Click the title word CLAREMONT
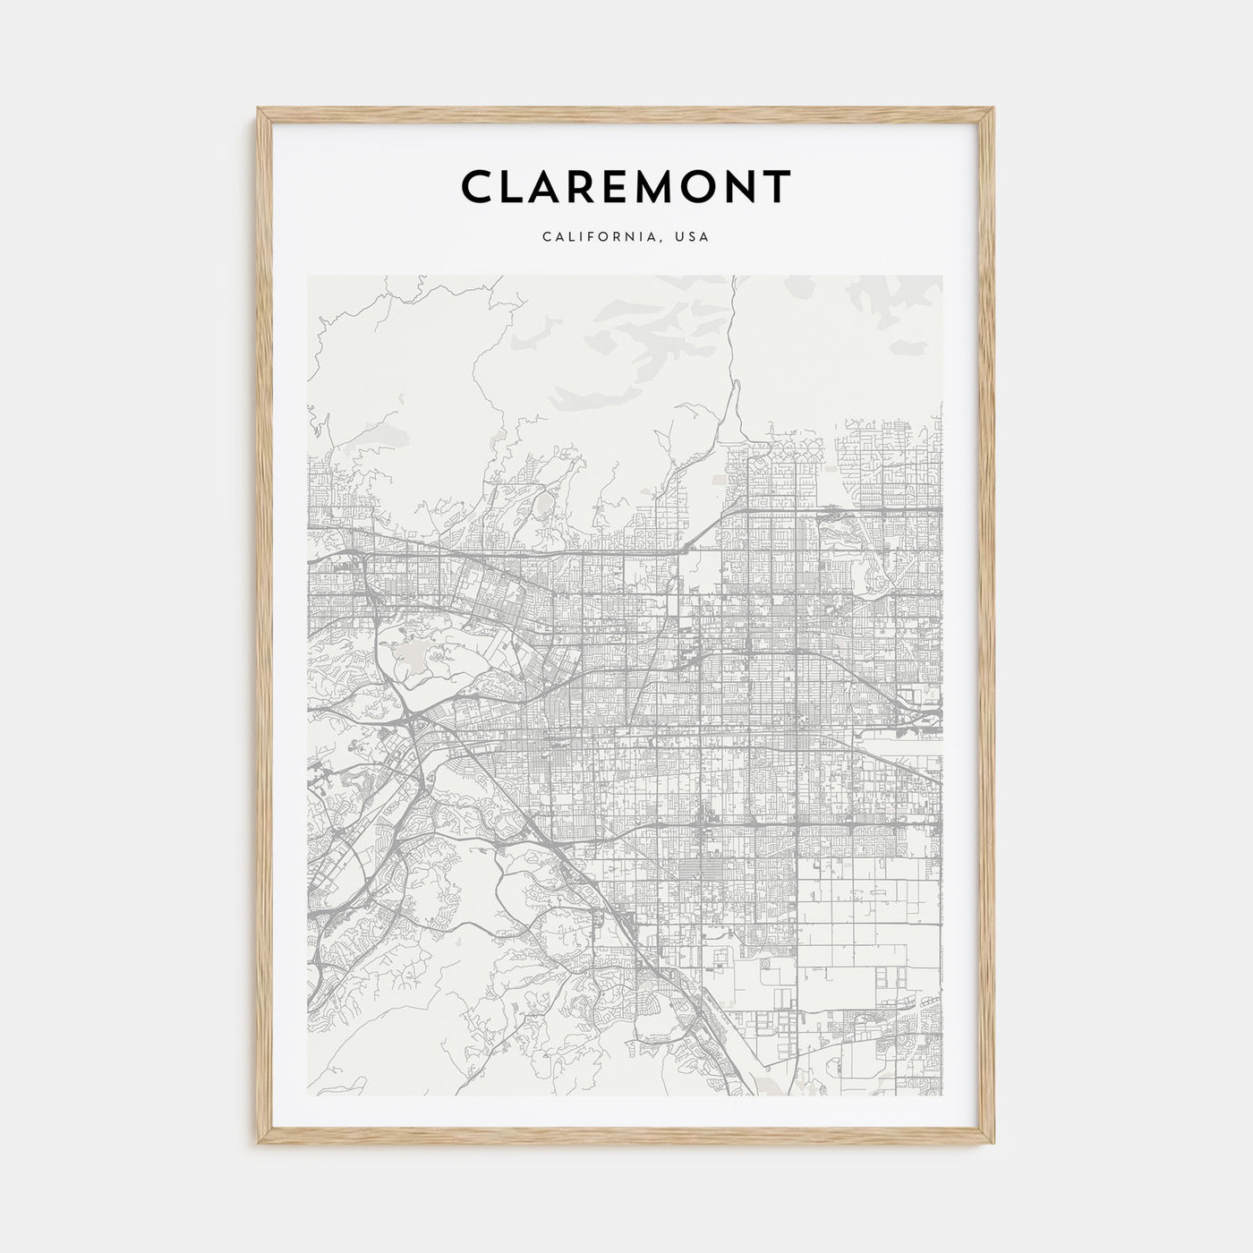coord(626,187)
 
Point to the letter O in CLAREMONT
coord(691,187)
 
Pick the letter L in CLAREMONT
coord(512,187)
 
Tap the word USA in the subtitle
coord(694,237)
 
